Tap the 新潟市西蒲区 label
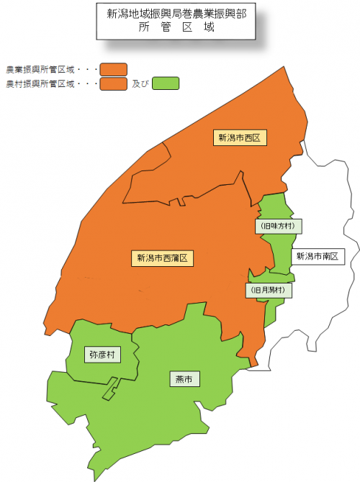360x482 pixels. (163, 258)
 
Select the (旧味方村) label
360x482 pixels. (279, 226)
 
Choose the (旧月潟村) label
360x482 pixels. (269, 291)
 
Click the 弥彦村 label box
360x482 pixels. (102, 355)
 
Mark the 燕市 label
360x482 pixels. (184, 378)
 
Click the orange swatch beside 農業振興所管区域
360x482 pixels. (114, 69)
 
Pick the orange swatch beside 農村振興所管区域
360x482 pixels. (114, 83)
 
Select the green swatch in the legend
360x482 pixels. (166, 83)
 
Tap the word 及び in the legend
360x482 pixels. (140, 84)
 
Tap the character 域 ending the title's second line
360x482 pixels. (209, 28)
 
